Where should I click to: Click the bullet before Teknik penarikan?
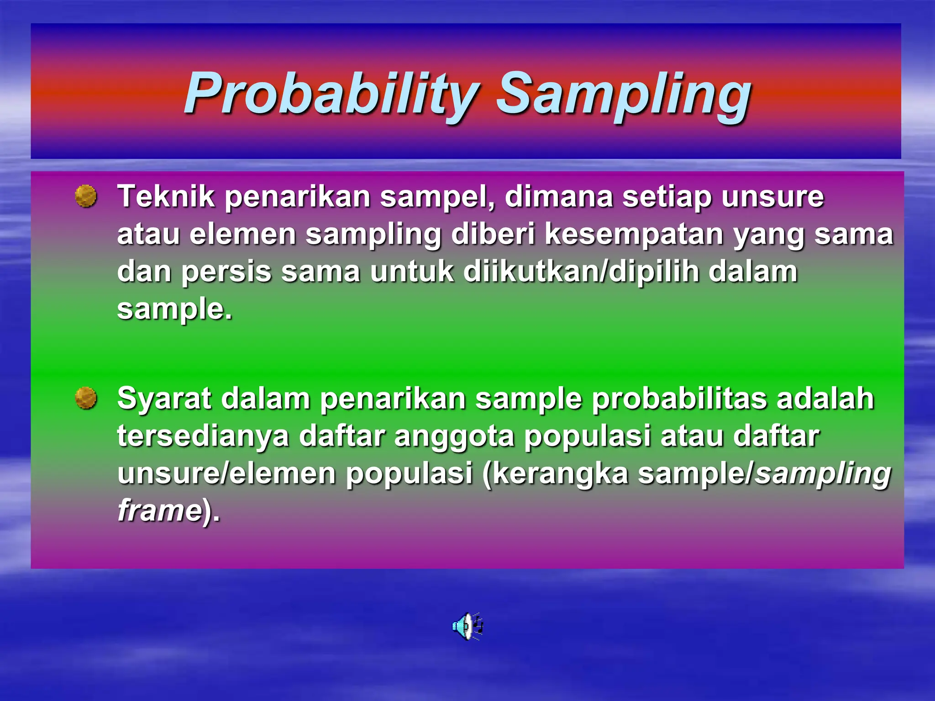point(86,196)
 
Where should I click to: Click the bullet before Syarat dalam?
point(86,398)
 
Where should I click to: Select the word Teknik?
point(165,197)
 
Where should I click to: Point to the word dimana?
point(558,197)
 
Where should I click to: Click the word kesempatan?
point(634,235)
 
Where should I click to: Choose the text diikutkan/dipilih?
point(581,272)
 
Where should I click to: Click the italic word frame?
point(159,511)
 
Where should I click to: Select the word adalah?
point(825,399)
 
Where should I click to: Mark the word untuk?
point(412,273)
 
